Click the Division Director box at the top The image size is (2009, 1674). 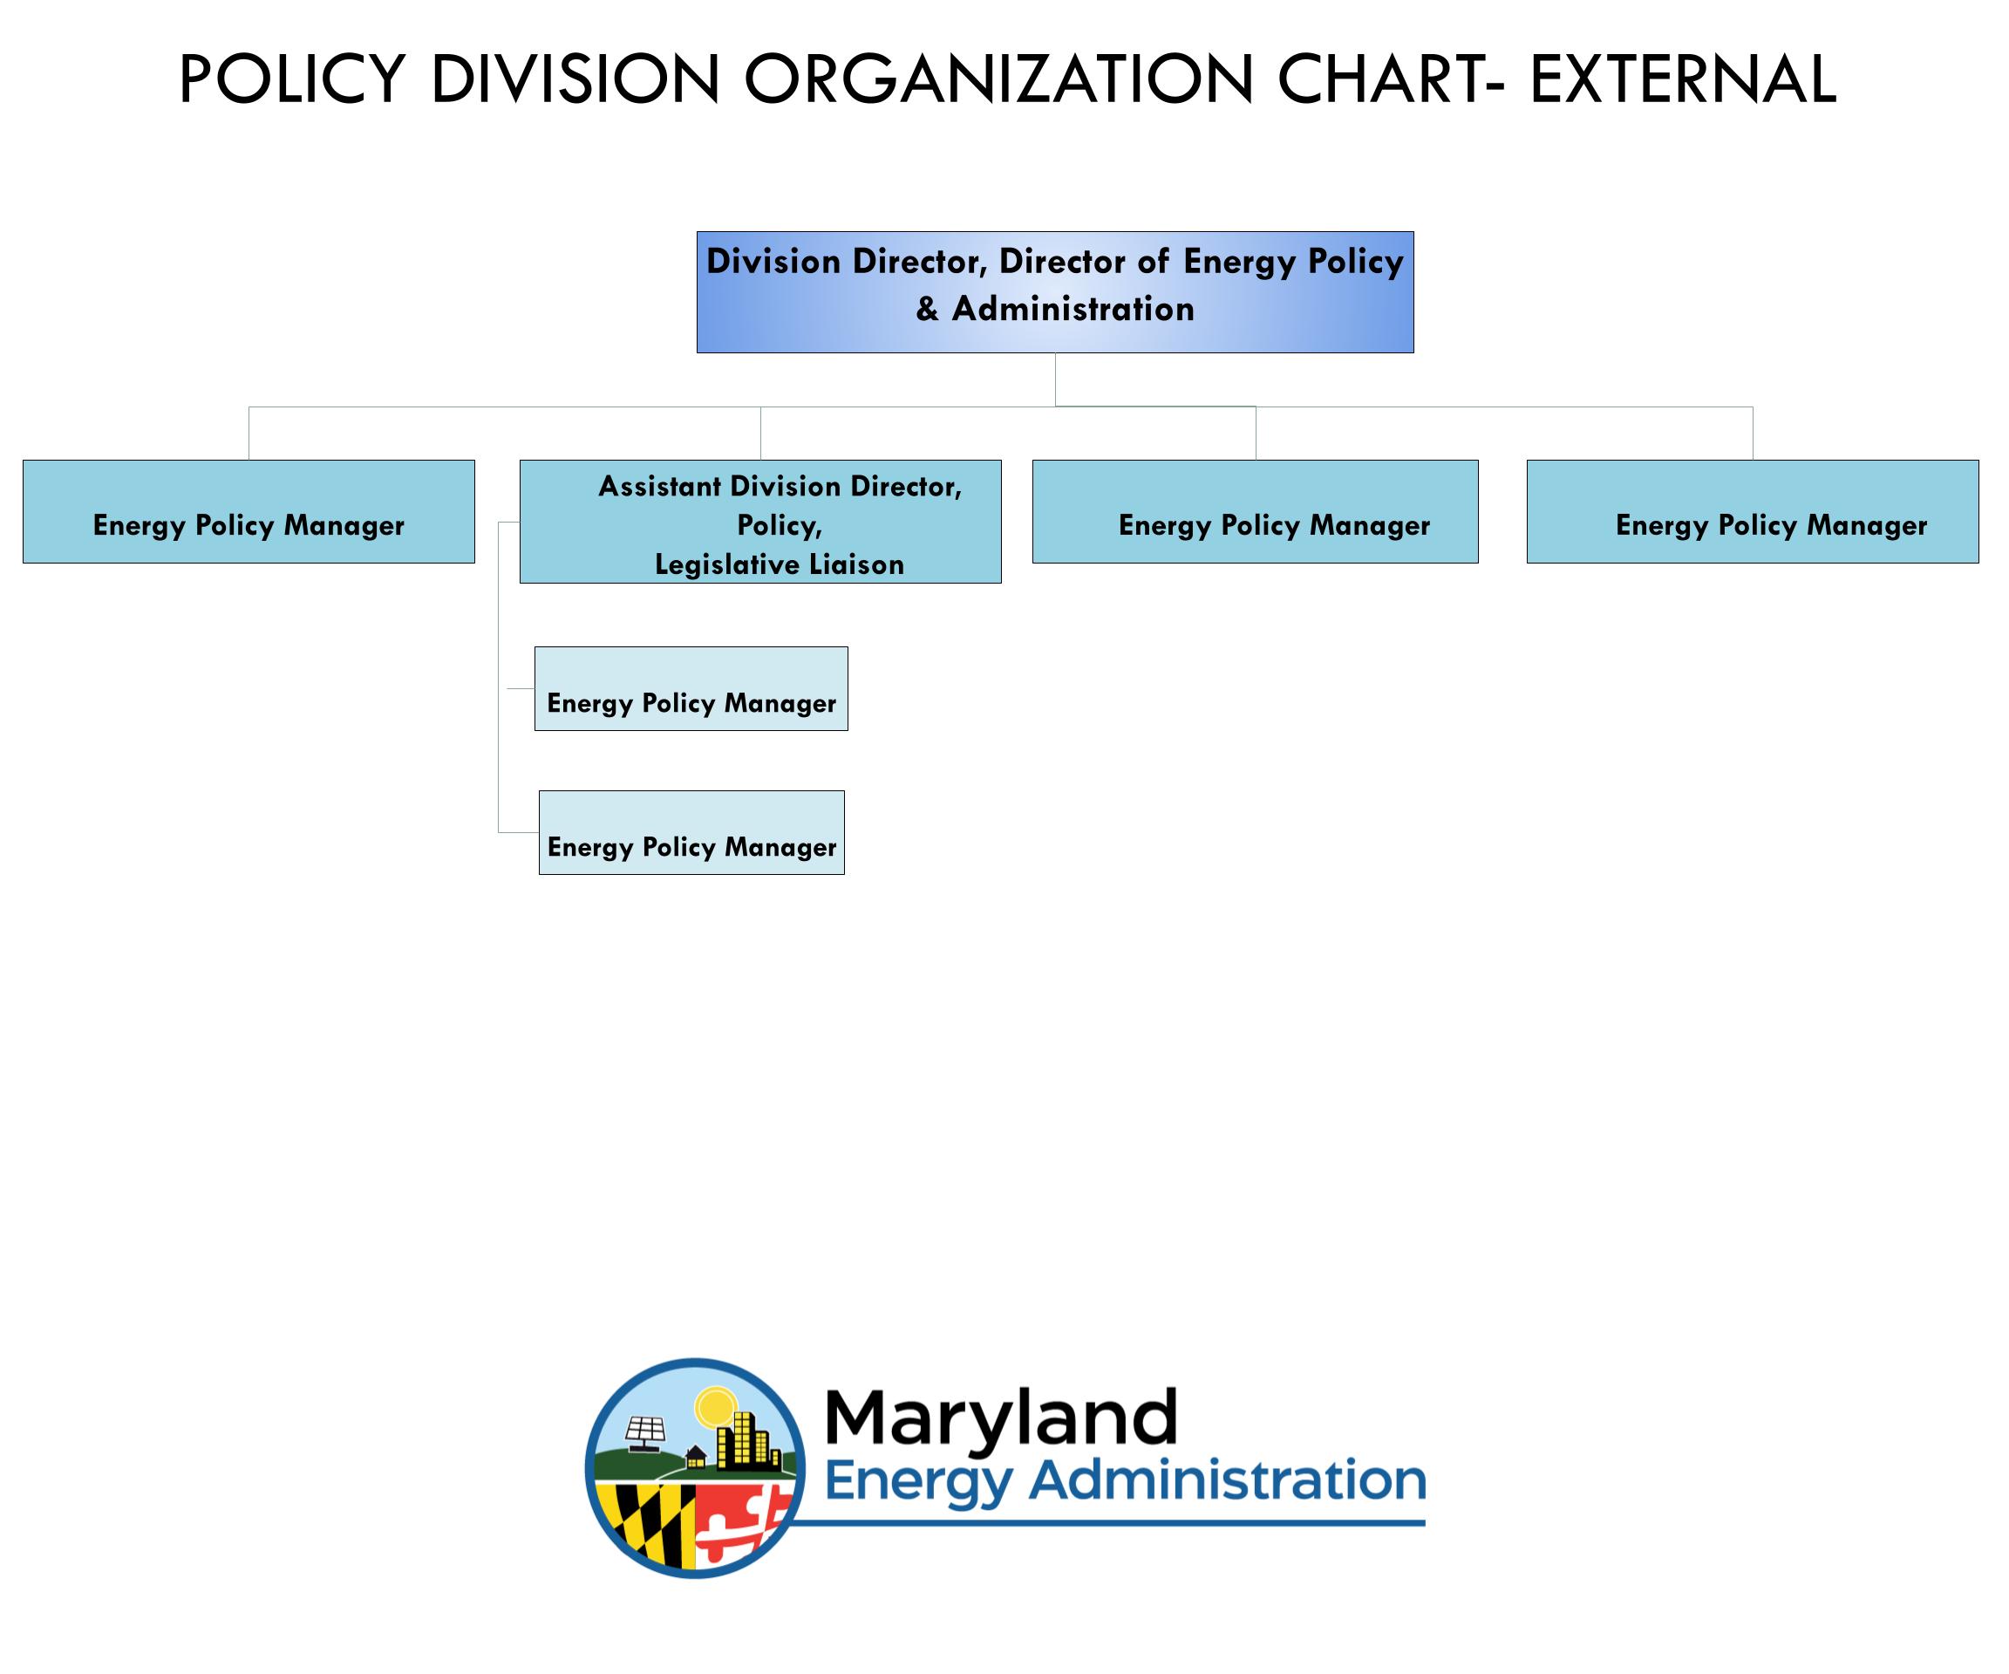[x=1054, y=292]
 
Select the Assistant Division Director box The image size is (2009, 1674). [x=760, y=522]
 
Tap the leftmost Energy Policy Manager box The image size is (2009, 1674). [x=249, y=511]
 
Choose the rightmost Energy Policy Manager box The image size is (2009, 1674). [x=1753, y=511]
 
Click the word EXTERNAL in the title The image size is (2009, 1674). [x=1683, y=79]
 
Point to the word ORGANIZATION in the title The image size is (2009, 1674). [x=998, y=79]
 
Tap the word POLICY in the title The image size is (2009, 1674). [x=293, y=79]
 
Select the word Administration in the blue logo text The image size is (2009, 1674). [x=1228, y=1480]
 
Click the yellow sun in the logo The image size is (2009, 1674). [x=712, y=1408]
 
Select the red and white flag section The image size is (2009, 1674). [x=741, y=1522]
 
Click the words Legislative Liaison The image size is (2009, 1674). [x=780, y=564]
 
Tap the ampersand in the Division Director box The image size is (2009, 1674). [x=927, y=309]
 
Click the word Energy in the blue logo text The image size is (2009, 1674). [x=917, y=1484]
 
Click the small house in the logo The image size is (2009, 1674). [x=696, y=1456]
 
